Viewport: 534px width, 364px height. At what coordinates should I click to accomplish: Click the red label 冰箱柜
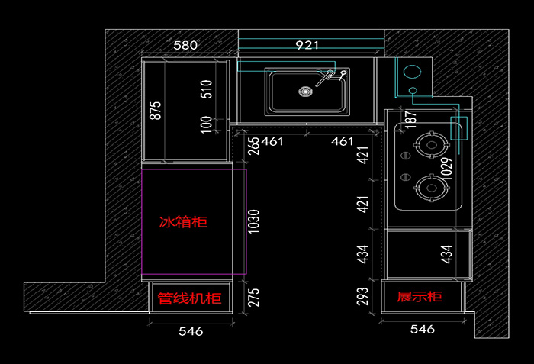click(183, 222)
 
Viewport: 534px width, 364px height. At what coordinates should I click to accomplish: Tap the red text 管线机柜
click(189, 298)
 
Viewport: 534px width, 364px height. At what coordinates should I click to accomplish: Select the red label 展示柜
click(420, 296)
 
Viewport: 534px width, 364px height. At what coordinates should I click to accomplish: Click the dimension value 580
click(185, 45)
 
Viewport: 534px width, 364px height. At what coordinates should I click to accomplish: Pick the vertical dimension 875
click(156, 110)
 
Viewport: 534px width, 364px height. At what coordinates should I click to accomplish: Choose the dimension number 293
click(363, 297)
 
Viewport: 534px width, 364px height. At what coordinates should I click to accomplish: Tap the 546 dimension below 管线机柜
click(190, 331)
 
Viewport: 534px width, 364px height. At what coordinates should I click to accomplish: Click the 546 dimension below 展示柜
click(422, 330)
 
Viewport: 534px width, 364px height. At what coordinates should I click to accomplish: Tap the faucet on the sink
click(332, 76)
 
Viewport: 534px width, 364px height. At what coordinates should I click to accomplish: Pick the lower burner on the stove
click(429, 186)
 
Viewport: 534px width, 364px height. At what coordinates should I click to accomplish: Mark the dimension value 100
click(205, 124)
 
